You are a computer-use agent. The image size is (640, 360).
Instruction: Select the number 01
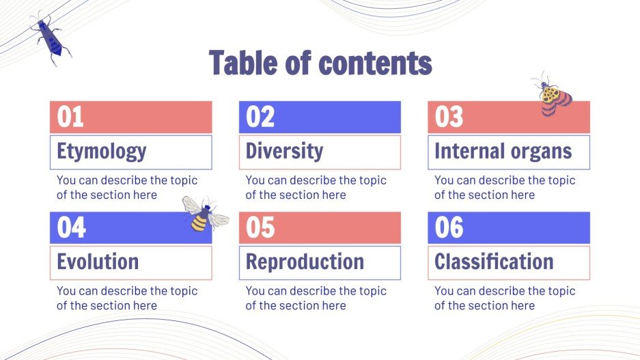70,117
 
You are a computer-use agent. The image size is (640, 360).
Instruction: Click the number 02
260,117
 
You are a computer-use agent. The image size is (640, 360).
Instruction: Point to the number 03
449,117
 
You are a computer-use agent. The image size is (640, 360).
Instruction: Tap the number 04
72,227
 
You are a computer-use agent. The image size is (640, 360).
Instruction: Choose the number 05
260,227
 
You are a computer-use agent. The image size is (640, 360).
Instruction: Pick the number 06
449,227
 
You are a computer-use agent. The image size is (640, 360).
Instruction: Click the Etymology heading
102,152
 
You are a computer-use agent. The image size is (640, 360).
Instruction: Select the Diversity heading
285,151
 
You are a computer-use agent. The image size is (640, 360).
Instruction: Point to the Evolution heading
98,262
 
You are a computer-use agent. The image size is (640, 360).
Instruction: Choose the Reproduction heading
305,262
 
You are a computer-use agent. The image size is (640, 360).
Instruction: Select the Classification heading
494,262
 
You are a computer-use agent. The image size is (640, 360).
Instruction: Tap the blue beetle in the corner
51,38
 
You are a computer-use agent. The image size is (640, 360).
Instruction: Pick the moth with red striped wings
553,96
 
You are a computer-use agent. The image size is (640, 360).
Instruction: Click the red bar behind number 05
320,227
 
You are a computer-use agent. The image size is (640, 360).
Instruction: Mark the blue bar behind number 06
509,227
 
